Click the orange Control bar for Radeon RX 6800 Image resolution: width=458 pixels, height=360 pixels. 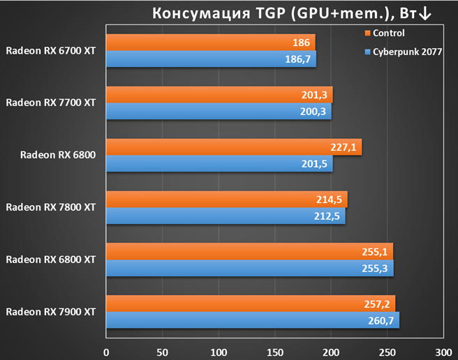coord(234,147)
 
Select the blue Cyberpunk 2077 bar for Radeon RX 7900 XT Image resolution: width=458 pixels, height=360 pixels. coord(253,320)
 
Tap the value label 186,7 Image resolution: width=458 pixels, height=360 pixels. coord(297,59)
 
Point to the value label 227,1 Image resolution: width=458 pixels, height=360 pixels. coord(343,147)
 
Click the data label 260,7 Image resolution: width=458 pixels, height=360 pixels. coord(381,321)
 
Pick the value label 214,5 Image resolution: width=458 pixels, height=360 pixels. coord(329,200)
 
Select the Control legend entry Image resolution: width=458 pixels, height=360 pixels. coord(385,33)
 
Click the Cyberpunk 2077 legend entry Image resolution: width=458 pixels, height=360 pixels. coord(404,52)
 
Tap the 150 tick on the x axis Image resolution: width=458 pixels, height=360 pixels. coord(275,352)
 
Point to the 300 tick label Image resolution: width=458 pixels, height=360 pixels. coord(443,352)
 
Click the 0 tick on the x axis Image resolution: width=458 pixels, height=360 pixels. coord(106,352)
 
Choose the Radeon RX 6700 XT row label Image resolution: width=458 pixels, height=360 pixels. coord(51,51)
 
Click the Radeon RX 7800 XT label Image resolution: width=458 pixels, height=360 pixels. coord(51,207)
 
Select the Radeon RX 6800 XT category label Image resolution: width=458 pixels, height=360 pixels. coord(51,260)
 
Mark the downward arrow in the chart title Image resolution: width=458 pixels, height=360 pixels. coord(424,14)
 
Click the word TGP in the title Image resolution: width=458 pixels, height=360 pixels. coord(270,13)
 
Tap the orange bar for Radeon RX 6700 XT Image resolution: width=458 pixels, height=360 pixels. coord(211,43)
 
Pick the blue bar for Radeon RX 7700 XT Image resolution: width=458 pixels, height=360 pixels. coord(219,111)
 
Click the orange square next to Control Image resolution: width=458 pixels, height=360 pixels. coord(367,33)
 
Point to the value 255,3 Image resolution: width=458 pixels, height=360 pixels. coord(375,269)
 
